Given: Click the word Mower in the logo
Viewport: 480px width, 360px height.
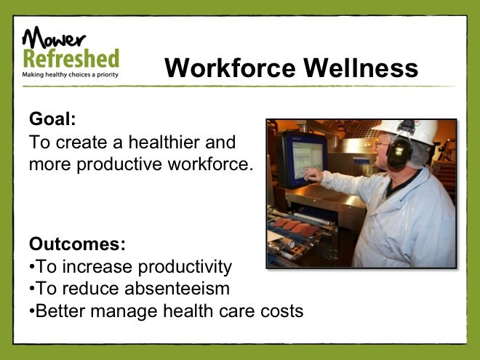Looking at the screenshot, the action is [x=54, y=37].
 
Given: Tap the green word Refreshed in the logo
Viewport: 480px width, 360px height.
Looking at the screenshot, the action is [x=71, y=58].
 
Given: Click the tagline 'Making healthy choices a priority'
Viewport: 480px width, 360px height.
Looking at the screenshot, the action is [x=70, y=74].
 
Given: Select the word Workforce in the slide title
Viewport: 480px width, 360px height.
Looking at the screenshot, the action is [x=230, y=68].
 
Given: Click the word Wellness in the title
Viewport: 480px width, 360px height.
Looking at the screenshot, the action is [x=361, y=68].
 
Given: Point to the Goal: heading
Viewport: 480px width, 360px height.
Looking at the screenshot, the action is [x=52, y=119].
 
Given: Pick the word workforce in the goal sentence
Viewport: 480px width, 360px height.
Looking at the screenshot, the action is [x=210, y=164].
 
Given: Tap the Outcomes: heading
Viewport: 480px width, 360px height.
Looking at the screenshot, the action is [x=77, y=244].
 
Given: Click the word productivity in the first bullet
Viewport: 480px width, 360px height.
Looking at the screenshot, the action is [x=185, y=267].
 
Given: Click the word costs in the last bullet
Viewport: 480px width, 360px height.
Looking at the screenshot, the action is [x=281, y=311].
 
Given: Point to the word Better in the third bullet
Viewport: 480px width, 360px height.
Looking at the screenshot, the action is [x=60, y=311].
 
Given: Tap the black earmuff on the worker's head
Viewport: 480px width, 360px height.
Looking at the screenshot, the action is [x=399, y=152].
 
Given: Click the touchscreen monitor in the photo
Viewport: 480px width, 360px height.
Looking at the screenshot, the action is [x=303, y=159].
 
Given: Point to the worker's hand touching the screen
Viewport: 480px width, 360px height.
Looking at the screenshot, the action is [x=313, y=175].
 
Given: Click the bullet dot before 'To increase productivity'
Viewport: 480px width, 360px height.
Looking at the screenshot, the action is [x=31, y=267].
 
